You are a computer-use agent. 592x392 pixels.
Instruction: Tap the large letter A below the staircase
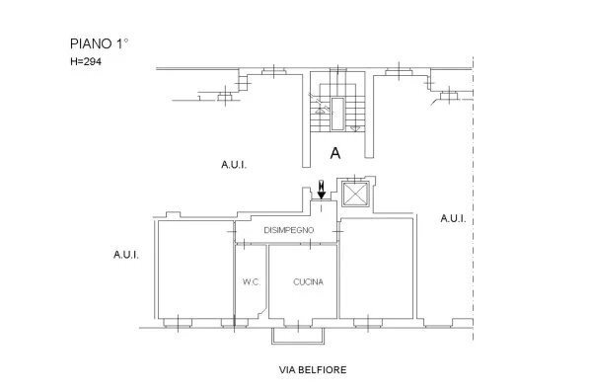(335, 154)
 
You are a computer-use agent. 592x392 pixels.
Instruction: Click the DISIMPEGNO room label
(288, 230)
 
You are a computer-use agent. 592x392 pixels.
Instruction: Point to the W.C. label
(251, 282)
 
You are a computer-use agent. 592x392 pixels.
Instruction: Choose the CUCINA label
(309, 282)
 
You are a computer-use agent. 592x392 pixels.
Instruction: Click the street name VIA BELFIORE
(314, 370)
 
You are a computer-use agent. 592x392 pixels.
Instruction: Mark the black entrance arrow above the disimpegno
(322, 187)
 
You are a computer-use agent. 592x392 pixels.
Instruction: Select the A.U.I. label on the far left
(126, 255)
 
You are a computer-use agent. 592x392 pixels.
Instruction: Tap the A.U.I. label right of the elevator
(452, 217)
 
